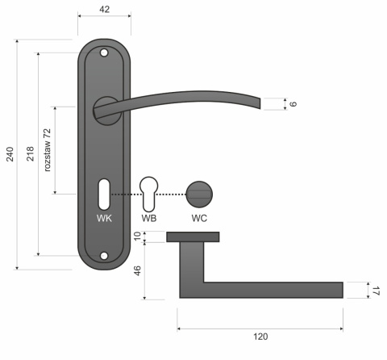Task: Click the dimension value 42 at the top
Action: pos(102,9)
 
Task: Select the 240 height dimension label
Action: pos(10,153)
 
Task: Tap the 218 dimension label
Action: pos(31,153)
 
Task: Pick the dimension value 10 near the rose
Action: pos(138,237)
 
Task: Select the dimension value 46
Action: pos(138,270)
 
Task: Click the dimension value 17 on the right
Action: pos(375,291)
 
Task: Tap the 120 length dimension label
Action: pos(259,337)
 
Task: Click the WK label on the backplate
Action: pos(103,218)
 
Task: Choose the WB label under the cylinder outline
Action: pos(149,218)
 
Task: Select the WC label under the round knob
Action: pos(200,218)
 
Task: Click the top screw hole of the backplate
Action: pos(103,53)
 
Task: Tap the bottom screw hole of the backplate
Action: pos(103,257)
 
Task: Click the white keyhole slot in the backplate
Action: pos(103,193)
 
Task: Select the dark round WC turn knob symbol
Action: pos(200,194)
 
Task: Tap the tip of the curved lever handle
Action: pos(258,103)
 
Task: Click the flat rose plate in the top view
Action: pos(193,237)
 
